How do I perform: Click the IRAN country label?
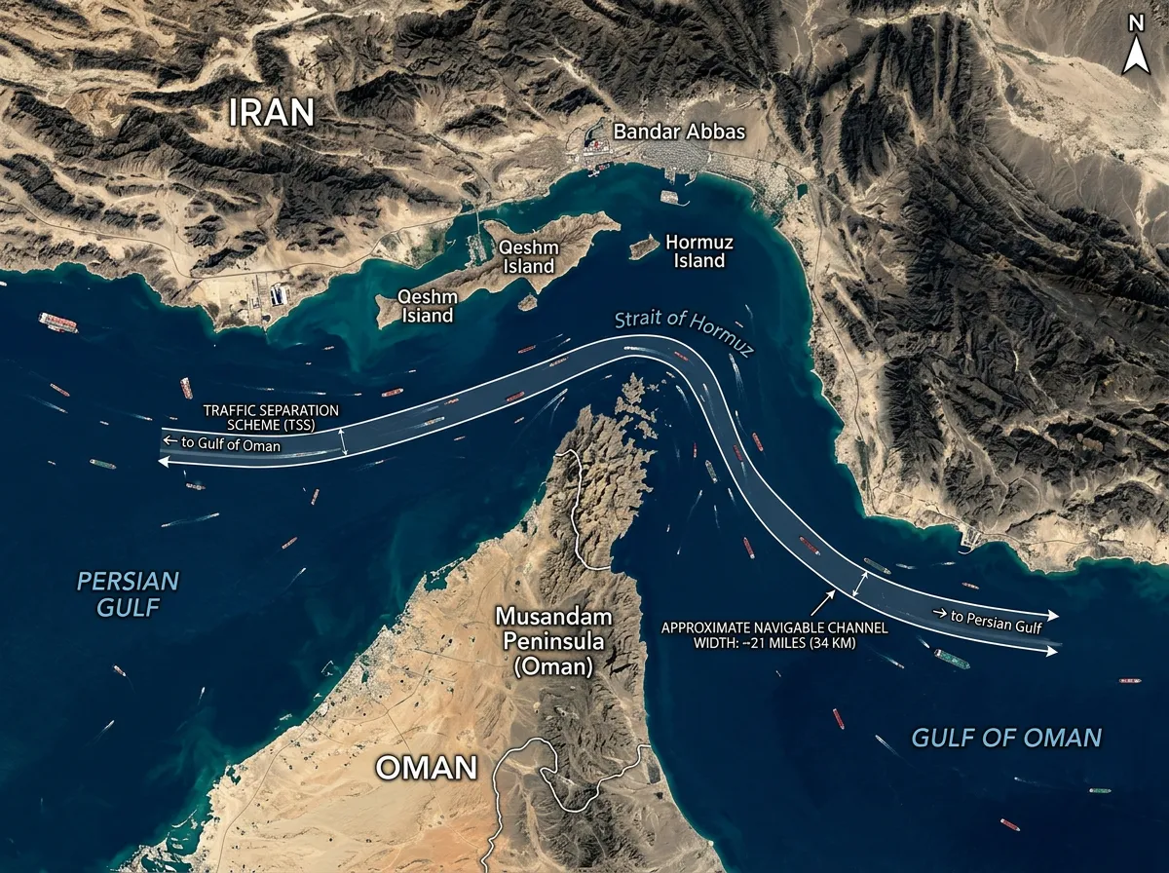coord(273,112)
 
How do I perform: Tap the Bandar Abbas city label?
coord(678,132)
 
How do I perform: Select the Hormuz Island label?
coord(699,251)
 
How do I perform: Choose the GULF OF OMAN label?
coord(1006,737)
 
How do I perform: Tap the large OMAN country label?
coord(427,768)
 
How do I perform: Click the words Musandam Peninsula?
coord(553,629)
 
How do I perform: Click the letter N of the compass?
coord(1134,22)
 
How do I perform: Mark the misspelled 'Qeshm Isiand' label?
coord(425,306)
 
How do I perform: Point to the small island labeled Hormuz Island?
coord(643,247)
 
